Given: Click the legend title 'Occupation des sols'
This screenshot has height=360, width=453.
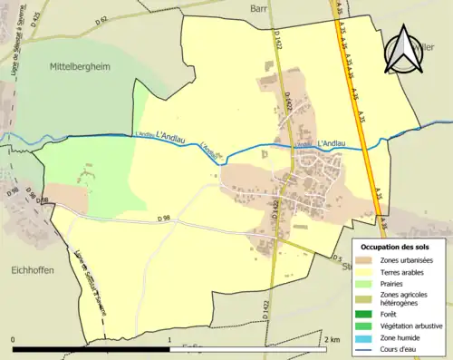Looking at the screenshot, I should coord(395,247).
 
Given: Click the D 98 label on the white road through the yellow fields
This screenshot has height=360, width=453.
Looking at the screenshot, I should coord(163,219).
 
